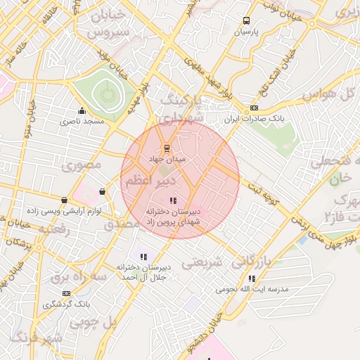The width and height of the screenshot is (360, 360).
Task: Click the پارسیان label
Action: click(246, 32)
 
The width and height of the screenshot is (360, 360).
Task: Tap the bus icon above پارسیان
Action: click(246, 21)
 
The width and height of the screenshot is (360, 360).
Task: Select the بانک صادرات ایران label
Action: click(254, 120)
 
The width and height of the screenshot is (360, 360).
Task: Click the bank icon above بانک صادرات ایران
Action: click(254, 108)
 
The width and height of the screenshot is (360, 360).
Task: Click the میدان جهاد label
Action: click(167, 160)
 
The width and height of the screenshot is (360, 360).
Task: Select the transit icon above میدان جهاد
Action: click(167, 148)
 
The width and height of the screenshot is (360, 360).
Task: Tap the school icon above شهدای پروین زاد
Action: click(174, 201)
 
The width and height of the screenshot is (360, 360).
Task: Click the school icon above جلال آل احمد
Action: click(144, 257)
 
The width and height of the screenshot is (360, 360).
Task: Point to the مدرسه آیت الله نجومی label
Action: click(252, 289)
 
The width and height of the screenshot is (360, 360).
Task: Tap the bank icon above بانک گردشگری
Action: click(66, 293)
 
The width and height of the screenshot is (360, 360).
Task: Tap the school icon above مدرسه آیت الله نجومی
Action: click(252, 278)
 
